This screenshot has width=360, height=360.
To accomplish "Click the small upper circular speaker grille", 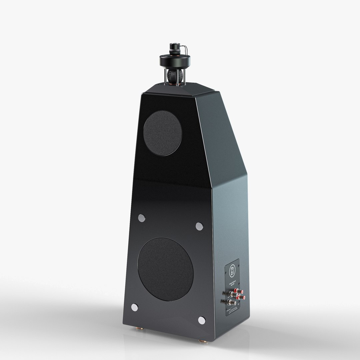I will click(x=162, y=132).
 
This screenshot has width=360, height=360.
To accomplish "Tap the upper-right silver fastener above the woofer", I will click(x=199, y=226).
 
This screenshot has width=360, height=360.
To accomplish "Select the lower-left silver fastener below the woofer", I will click(x=135, y=307).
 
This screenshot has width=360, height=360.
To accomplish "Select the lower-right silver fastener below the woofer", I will click(x=201, y=320).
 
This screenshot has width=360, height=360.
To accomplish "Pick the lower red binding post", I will click(x=239, y=302).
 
